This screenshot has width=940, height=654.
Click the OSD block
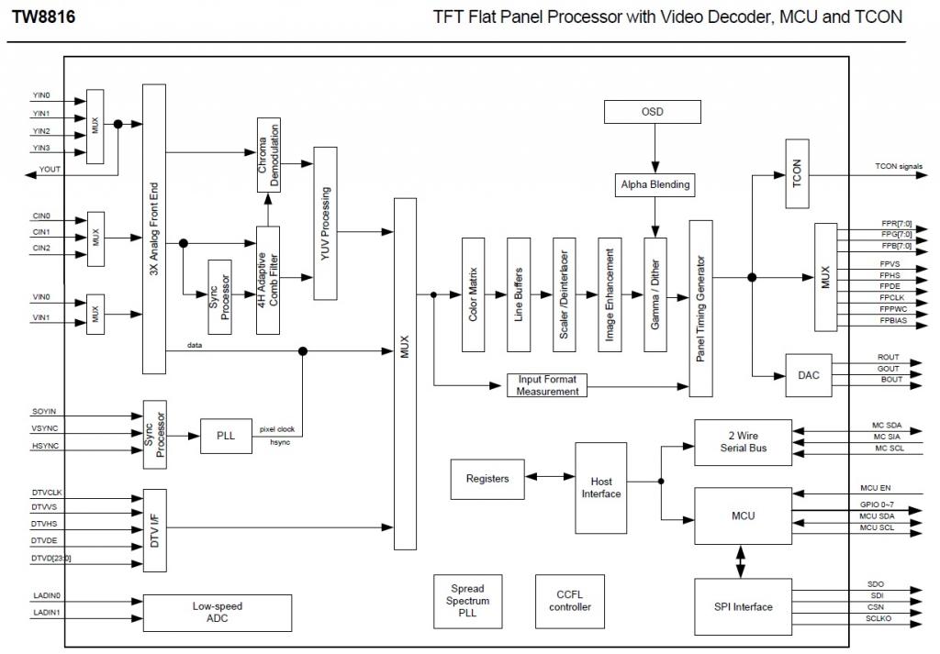pos(652,113)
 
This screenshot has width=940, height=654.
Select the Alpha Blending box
pos(654,184)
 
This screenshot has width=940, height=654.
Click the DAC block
pos(809,375)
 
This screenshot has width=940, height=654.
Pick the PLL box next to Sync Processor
pos(226,436)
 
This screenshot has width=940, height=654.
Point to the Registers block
pos(487,479)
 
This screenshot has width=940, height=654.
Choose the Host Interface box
pos(601,487)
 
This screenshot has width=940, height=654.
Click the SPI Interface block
pos(743,606)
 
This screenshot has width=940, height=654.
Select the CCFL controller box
pos(570,601)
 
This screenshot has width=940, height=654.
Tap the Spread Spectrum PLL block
pos(467,601)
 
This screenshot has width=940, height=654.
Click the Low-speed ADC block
pos(217,612)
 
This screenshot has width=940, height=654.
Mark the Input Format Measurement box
pos(548,385)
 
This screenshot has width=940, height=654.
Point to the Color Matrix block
pos(473,294)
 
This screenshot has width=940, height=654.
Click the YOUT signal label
pos(50,170)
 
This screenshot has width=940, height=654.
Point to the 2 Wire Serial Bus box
pos(743,442)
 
